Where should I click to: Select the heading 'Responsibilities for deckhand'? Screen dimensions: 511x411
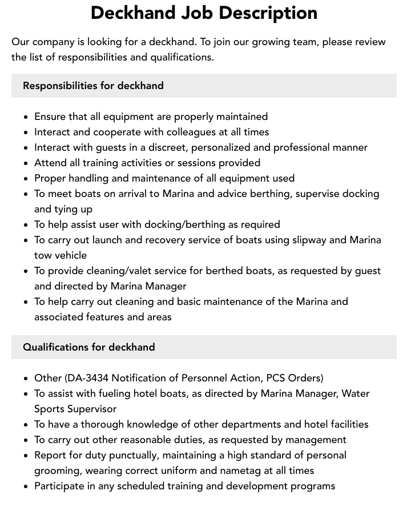[x=93, y=86]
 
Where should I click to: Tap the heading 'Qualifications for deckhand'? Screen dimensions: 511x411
[x=88, y=347]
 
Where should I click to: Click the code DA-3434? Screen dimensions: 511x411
[x=88, y=378]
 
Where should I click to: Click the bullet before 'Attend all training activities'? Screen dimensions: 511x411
[x=26, y=163]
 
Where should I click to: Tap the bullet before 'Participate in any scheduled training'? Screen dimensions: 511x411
[x=26, y=486]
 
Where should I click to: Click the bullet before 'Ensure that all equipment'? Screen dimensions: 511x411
[x=26, y=117]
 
